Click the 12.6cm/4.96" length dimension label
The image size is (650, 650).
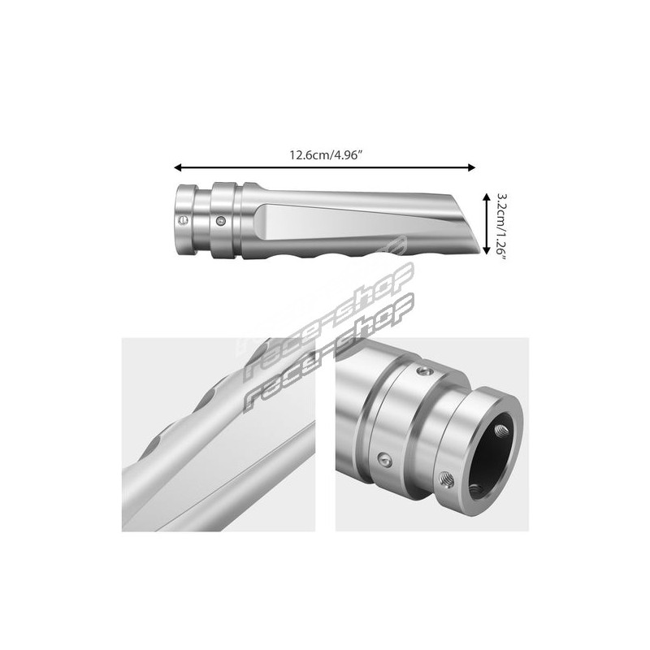327,155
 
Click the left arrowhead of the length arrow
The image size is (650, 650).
178,167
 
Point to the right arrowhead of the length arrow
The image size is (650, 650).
471,167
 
